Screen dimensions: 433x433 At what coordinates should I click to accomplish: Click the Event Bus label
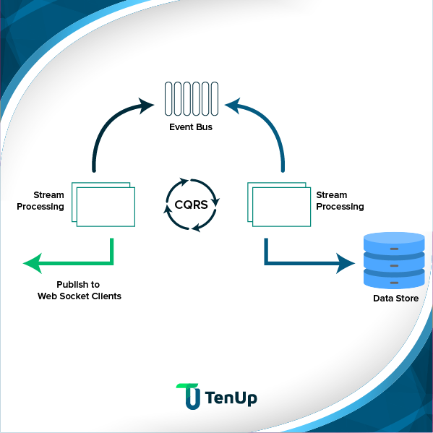tap(191, 127)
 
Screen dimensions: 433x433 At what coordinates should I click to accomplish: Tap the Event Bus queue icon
tap(191, 99)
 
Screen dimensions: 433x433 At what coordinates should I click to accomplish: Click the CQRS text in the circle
tap(192, 205)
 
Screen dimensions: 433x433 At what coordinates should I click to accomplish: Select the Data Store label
tap(395, 298)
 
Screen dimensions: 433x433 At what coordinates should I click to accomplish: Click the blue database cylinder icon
tap(394, 260)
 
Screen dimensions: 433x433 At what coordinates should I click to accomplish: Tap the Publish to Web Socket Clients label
tap(79, 291)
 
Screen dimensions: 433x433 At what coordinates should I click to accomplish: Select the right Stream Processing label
tap(340, 201)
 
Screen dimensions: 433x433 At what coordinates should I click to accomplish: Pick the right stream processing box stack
tap(279, 205)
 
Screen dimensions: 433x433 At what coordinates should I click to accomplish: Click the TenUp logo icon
tap(188, 396)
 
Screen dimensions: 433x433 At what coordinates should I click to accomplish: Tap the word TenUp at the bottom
tap(231, 398)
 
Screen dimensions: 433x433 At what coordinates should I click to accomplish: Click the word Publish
tap(73, 285)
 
